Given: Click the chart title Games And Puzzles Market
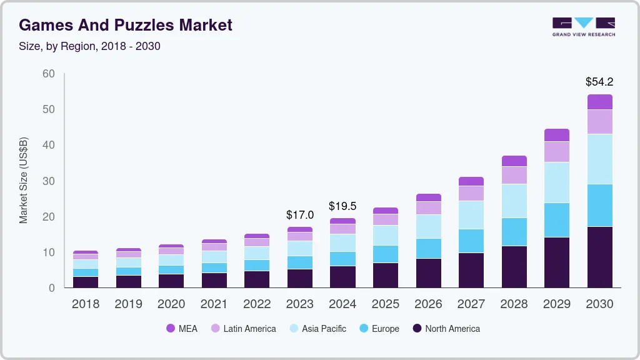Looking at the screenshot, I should (x=126, y=25).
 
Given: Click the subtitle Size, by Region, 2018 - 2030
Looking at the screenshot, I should (x=90, y=46).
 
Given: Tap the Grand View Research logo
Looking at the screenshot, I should (x=583, y=26).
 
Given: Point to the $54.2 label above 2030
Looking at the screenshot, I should (x=599, y=82).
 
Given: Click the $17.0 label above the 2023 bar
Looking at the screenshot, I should (x=300, y=215).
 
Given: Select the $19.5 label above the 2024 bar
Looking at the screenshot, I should (x=342, y=206).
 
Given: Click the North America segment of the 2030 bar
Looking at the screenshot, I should (x=599, y=257).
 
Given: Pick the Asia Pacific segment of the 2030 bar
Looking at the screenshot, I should (x=599, y=159).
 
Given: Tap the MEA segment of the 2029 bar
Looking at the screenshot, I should (x=556, y=135).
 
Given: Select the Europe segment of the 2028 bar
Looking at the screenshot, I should (x=514, y=232).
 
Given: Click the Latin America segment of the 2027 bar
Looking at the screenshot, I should (x=471, y=193).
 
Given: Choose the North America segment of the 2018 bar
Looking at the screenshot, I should (x=86, y=282).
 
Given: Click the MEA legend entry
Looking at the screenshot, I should (x=182, y=329).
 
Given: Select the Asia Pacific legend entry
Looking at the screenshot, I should (x=317, y=329).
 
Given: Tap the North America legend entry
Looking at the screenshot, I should (x=446, y=329).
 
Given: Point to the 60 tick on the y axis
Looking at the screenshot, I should (x=48, y=74).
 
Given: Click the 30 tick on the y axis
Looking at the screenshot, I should (x=48, y=181).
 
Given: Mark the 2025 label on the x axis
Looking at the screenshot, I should (x=386, y=304).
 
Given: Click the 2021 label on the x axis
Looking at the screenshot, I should (x=214, y=304).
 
